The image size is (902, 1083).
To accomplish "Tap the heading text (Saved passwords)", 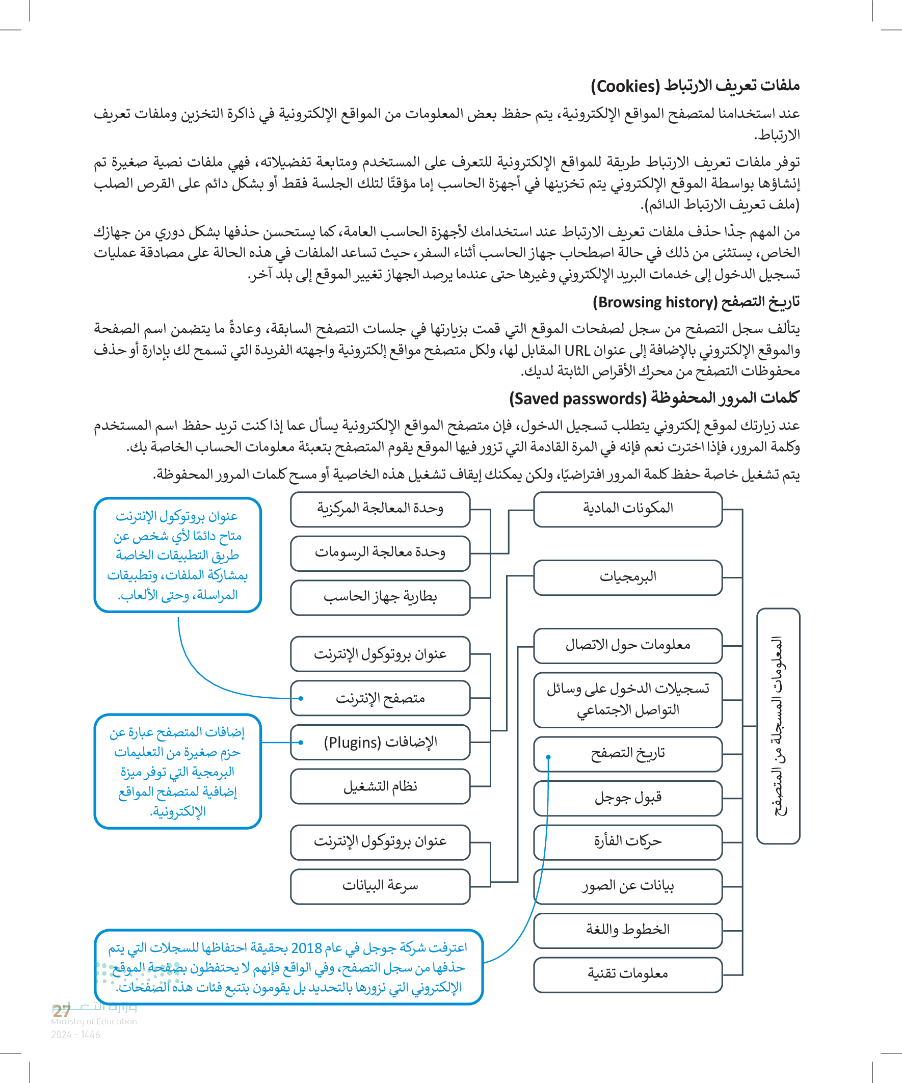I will tap(577, 399).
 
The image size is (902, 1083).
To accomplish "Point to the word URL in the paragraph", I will tap(577, 351).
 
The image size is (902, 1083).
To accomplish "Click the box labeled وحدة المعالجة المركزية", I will tap(380, 509).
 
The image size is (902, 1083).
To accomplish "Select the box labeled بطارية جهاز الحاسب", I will tap(380, 597).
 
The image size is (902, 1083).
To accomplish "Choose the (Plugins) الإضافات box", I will tap(380, 742).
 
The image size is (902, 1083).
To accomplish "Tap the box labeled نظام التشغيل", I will tap(380, 786).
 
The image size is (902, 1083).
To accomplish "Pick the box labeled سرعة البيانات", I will tap(380, 886).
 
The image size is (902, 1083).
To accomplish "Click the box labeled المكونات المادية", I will tap(628, 509).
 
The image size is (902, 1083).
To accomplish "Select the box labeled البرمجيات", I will tap(628, 577).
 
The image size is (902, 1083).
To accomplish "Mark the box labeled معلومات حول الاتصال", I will tap(628, 645).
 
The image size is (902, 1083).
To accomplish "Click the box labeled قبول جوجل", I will tap(628, 798).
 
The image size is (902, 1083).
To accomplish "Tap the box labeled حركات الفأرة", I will tap(628, 841).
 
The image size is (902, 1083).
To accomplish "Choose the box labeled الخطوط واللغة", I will tap(628, 930).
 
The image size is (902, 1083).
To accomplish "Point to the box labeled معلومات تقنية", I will tap(628, 974).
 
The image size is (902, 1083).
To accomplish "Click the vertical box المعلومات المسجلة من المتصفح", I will tap(778, 726).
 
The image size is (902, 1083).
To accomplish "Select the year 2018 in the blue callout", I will tap(306, 948).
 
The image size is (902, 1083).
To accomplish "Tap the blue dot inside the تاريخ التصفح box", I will tap(548, 757).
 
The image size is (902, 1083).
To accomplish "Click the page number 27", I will tap(61, 1011).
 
